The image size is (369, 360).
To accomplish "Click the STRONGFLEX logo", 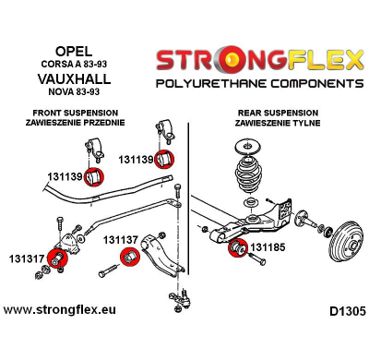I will [258, 61].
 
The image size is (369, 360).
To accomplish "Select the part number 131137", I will [120, 240].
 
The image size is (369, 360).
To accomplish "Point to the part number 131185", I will [268, 247].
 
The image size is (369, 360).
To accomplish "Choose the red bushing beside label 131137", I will [132, 255].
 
